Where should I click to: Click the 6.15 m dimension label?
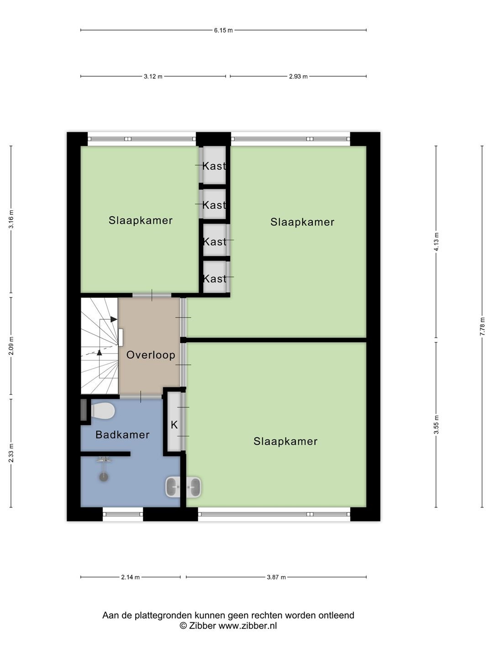223,30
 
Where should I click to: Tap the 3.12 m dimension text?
153,76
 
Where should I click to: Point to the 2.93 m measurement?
298,76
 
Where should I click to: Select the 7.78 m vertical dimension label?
482,326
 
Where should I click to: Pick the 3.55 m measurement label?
436,424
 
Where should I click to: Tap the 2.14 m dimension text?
130,577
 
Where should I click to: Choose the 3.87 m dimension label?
276,577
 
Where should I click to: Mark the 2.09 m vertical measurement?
11,346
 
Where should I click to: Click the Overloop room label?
151,355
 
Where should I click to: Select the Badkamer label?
122,435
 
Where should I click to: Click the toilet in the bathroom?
102,411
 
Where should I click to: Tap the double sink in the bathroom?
183,487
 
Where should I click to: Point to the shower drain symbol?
104,477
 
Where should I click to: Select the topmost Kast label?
215,166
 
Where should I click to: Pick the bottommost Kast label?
215,279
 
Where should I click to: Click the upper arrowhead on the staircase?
114,319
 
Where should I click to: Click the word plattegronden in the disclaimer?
164,615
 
